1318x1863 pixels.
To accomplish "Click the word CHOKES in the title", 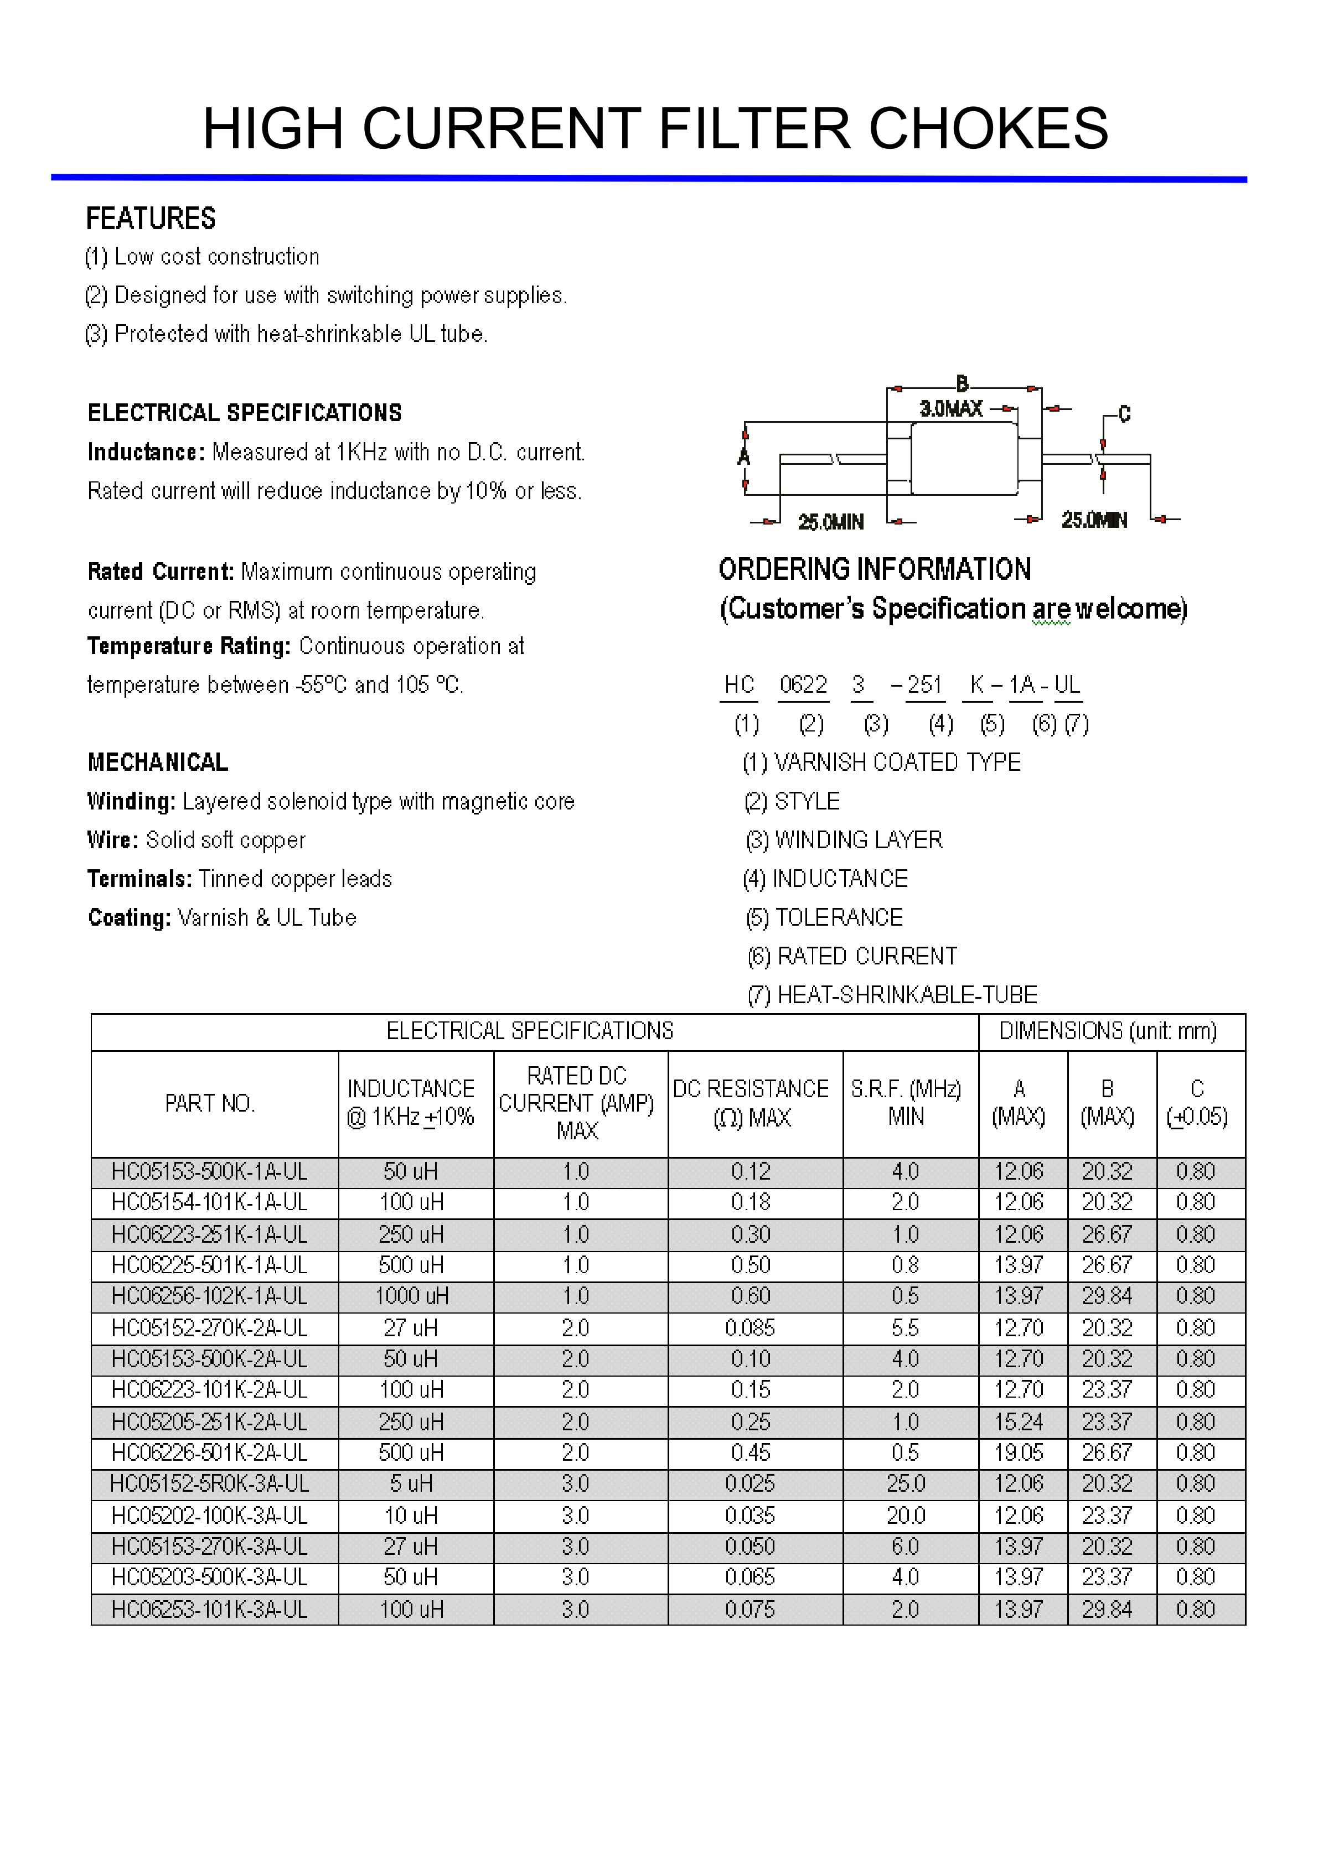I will pos(988,128).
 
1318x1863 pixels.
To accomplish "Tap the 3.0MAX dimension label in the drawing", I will pos(950,408).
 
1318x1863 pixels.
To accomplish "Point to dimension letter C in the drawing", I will pos(1124,414).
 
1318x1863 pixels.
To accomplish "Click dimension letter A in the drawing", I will pos(743,457).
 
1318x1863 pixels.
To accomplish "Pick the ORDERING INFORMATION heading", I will pos(874,569).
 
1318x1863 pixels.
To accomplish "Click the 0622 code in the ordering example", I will pos(803,685).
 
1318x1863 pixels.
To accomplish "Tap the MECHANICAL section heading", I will pos(157,762).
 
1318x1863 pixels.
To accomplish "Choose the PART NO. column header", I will pos(210,1103).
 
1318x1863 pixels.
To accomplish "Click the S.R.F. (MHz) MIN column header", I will pos(906,1103).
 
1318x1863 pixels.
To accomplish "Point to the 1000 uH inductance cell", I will pos(411,1296).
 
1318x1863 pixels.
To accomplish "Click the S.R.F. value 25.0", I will pos(906,1483).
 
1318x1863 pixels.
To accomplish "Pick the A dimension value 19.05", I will pos(1019,1452).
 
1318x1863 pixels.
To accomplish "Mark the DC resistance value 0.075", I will pos(750,1609).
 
